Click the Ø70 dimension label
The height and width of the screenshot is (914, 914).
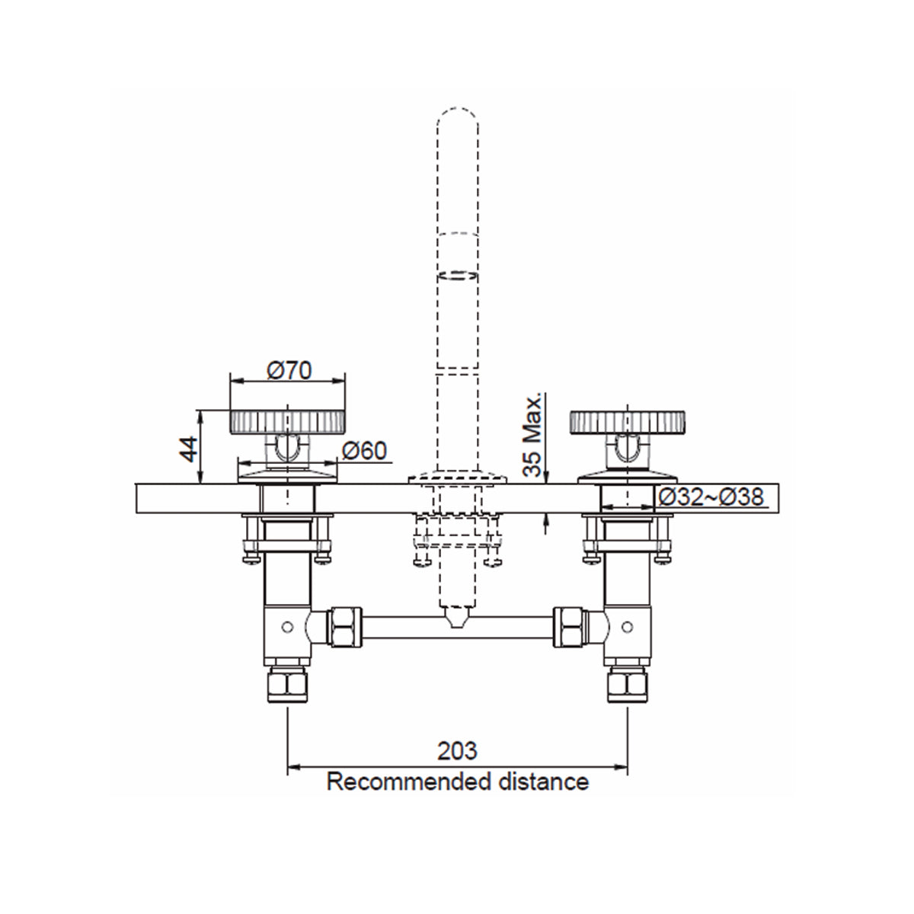click(x=289, y=371)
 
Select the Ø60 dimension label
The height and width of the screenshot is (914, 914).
click(x=365, y=451)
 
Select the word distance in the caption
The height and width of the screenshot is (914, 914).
click(x=546, y=781)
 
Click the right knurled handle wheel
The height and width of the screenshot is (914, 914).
click(x=628, y=421)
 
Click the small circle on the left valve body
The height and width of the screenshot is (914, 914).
click(x=287, y=626)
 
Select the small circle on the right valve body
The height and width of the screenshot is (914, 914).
click(x=627, y=626)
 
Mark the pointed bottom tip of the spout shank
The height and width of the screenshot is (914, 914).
click(x=457, y=621)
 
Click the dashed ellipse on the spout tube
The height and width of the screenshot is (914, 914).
click(x=457, y=276)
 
